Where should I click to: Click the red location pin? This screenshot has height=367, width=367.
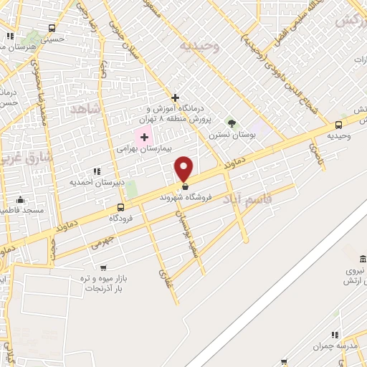pos(184,168)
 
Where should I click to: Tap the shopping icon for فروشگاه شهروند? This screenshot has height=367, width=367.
pos(185,187)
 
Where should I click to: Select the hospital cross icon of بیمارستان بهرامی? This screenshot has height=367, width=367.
pos(144,137)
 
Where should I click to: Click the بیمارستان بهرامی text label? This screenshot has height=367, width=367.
pos(138,150)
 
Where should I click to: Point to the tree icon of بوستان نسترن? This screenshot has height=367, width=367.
pos(231,123)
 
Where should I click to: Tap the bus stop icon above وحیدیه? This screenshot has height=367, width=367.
pos(338,124)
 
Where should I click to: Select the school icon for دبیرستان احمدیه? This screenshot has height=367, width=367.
pos(97,171)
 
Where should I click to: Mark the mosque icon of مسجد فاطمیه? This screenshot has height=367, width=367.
pos(20,200)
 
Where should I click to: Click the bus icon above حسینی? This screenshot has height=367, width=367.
pos(52,29)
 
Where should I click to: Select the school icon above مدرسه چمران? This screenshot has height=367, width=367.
pos(334,335)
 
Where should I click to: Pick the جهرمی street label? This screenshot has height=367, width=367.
pos(103,239)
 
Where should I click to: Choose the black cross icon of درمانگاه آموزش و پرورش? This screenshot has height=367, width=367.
pos(175,97)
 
